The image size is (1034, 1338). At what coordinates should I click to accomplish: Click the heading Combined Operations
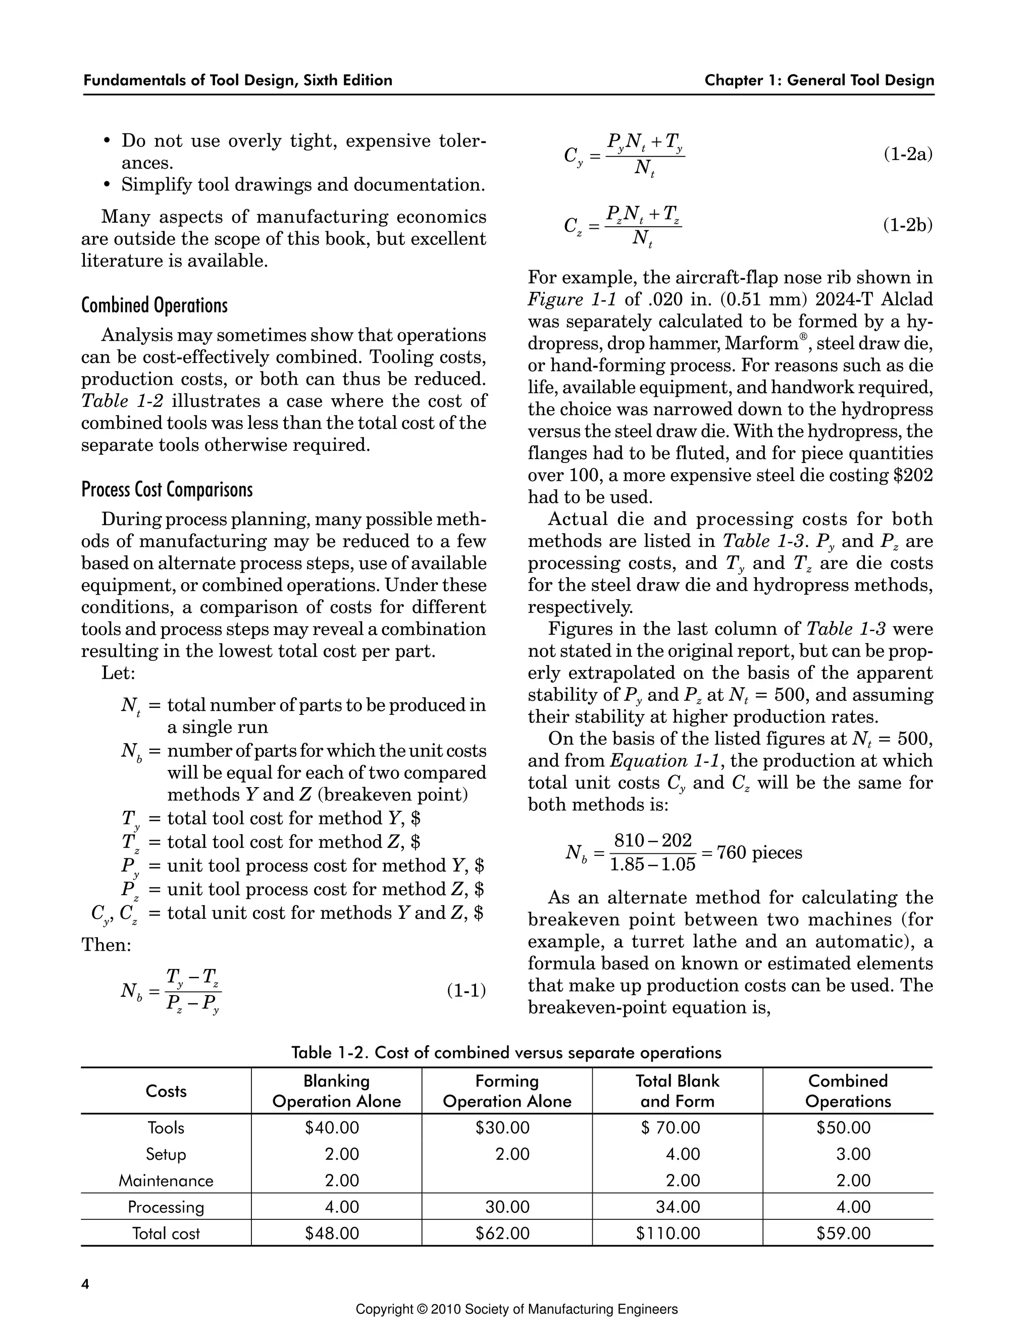click(x=154, y=305)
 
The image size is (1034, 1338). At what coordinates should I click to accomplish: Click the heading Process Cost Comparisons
click(x=167, y=489)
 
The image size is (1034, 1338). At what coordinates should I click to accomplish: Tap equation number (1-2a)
click(x=907, y=155)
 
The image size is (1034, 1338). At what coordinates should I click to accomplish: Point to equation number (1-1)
click(x=466, y=990)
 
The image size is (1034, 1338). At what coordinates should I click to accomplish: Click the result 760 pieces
click(x=759, y=852)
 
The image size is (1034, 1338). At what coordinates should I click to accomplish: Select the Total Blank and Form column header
click(x=677, y=1091)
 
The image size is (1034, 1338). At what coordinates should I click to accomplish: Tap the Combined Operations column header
click(x=848, y=1091)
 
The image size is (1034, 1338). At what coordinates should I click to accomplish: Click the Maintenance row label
click(x=166, y=1180)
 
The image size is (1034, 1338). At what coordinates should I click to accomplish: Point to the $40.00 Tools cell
click(x=332, y=1127)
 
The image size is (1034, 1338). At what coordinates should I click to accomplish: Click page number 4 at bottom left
click(x=85, y=1284)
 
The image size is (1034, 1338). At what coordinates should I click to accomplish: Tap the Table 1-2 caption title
click(x=506, y=1053)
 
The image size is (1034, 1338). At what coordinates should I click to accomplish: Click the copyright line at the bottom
click(x=516, y=1310)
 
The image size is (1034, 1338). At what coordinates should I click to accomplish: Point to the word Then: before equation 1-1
click(x=107, y=945)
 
